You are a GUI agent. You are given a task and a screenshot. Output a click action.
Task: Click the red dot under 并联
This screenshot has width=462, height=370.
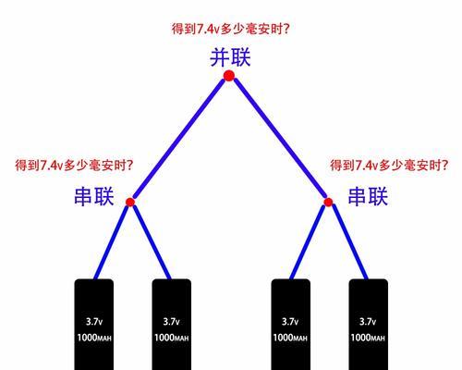pos(229,76)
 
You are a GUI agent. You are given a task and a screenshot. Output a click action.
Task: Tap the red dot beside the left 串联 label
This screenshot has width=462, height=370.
pos(130,202)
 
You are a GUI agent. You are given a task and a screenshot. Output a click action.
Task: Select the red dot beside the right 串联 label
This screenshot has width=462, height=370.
pos(328,202)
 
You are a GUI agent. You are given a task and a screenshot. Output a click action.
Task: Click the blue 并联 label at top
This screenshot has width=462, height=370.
pos(230,57)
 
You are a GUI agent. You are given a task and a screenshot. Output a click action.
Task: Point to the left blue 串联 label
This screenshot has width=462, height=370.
pos(94,196)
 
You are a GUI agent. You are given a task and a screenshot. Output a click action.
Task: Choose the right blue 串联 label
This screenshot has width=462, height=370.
pos(368,196)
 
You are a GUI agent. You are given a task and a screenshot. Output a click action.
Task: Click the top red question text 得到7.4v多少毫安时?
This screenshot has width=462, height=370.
pos(231,29)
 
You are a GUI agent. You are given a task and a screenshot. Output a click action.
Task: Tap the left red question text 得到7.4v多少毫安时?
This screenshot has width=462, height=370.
pos(74,166)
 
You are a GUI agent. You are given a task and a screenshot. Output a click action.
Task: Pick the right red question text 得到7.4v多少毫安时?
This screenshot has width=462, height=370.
pos(389,166)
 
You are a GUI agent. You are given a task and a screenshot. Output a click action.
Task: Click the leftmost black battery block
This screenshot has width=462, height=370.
pos(94,325)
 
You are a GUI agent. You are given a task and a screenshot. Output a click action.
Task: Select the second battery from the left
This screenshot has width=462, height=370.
pos(172,325)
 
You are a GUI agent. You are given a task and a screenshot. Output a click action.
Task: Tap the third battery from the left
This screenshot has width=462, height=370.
pos(291,325)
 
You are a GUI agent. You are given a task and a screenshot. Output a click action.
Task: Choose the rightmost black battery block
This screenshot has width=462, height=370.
pos(369,325)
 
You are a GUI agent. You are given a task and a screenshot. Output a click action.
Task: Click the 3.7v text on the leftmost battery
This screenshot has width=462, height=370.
pos(94,322)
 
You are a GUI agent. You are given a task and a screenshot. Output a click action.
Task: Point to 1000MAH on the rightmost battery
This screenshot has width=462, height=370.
pos(368,338)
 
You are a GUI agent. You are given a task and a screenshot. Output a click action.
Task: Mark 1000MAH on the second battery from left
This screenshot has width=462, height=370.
pos(172,338)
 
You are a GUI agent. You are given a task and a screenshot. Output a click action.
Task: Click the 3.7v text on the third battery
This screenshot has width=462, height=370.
pos(290,322)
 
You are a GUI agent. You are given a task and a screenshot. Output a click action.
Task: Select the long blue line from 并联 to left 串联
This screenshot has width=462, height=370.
pos(179,139)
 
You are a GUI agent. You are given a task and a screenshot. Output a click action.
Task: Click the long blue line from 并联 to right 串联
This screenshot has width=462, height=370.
pos(280,139)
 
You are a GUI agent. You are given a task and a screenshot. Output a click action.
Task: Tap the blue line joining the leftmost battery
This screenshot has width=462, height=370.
pos(112,242)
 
